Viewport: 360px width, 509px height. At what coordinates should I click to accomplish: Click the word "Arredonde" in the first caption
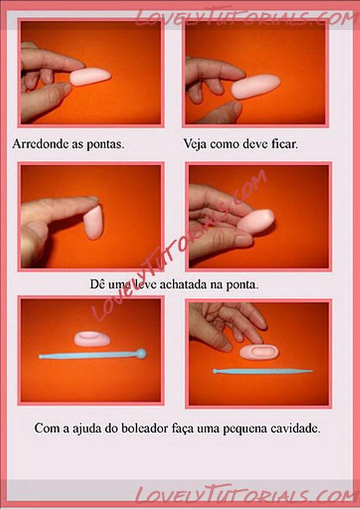tap(40, 144)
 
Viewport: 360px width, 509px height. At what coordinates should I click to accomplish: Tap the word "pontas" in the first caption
tap(105, 145)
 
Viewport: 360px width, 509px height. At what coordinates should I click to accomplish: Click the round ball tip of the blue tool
tap(141, 354)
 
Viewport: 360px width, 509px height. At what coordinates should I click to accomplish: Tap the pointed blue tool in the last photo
tap(262, 371)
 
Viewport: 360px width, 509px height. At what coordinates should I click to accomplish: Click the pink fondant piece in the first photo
tap(90, 77)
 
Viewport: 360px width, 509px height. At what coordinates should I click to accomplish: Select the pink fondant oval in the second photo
tap(255, 86)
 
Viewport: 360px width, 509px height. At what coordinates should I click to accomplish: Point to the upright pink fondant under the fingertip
tap(94, 222)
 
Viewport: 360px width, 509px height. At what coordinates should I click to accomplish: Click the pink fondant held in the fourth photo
tap(256, 221)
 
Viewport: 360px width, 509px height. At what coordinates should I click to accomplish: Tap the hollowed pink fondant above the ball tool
tap(92, 339)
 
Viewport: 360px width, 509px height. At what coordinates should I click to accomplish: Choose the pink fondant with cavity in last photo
tap(259, 352)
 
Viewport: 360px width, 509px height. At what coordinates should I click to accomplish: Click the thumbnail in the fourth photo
tap(243, 240)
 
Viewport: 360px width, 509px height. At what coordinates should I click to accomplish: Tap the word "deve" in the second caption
tap(255, 144)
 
